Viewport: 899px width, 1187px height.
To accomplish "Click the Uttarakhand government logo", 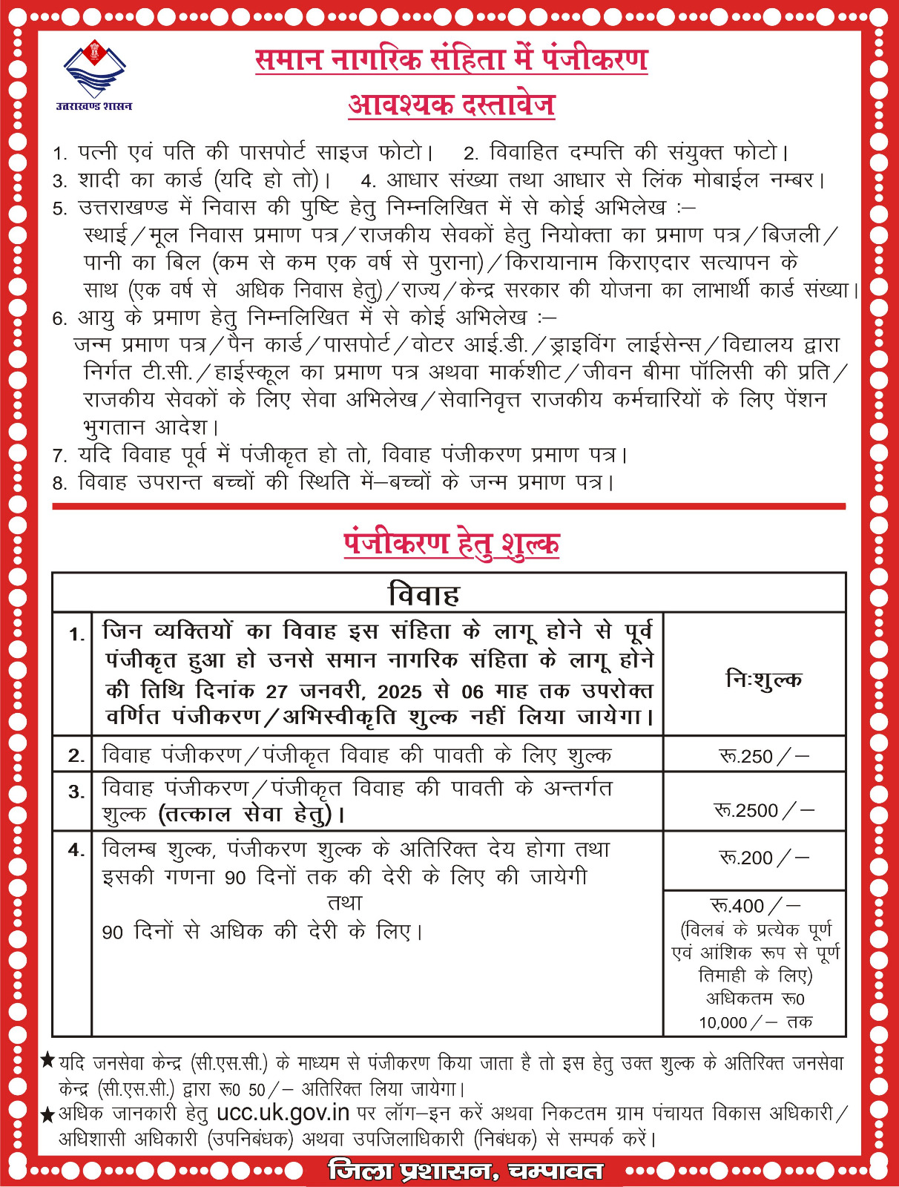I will tap(95, 68).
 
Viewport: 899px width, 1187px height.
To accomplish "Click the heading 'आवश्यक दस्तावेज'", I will tap(451, 105).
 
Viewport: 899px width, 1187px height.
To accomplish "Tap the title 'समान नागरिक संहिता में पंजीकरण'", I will tap(451, 59).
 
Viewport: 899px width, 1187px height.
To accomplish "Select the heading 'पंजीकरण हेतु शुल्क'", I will tap(451, 543).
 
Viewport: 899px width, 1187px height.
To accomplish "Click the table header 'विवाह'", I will tap(424, 594).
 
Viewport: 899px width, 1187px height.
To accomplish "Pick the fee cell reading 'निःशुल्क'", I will tap(763, 679).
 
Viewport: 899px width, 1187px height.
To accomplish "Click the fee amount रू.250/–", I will tap(763, 756).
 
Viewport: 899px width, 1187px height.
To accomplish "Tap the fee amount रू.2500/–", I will tap(763, 810).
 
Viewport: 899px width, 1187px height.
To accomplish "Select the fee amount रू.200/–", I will tap(763, 858).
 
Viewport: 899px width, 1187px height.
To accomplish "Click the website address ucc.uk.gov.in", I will tap(283, 1112).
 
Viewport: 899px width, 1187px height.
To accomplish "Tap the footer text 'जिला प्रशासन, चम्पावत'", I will tap(465, 1171).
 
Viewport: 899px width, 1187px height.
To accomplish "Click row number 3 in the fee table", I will tap(76, 792).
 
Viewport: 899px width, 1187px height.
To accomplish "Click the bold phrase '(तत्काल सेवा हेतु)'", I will tap(252, 815).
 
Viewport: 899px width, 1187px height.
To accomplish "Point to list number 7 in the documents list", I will tap(60, 456).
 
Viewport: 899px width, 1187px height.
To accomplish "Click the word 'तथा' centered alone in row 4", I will tap(345, 903).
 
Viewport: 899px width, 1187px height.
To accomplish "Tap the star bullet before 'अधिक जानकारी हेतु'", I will tap(47, 1114).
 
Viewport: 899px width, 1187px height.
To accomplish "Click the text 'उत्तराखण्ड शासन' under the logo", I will tap(94, 106).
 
